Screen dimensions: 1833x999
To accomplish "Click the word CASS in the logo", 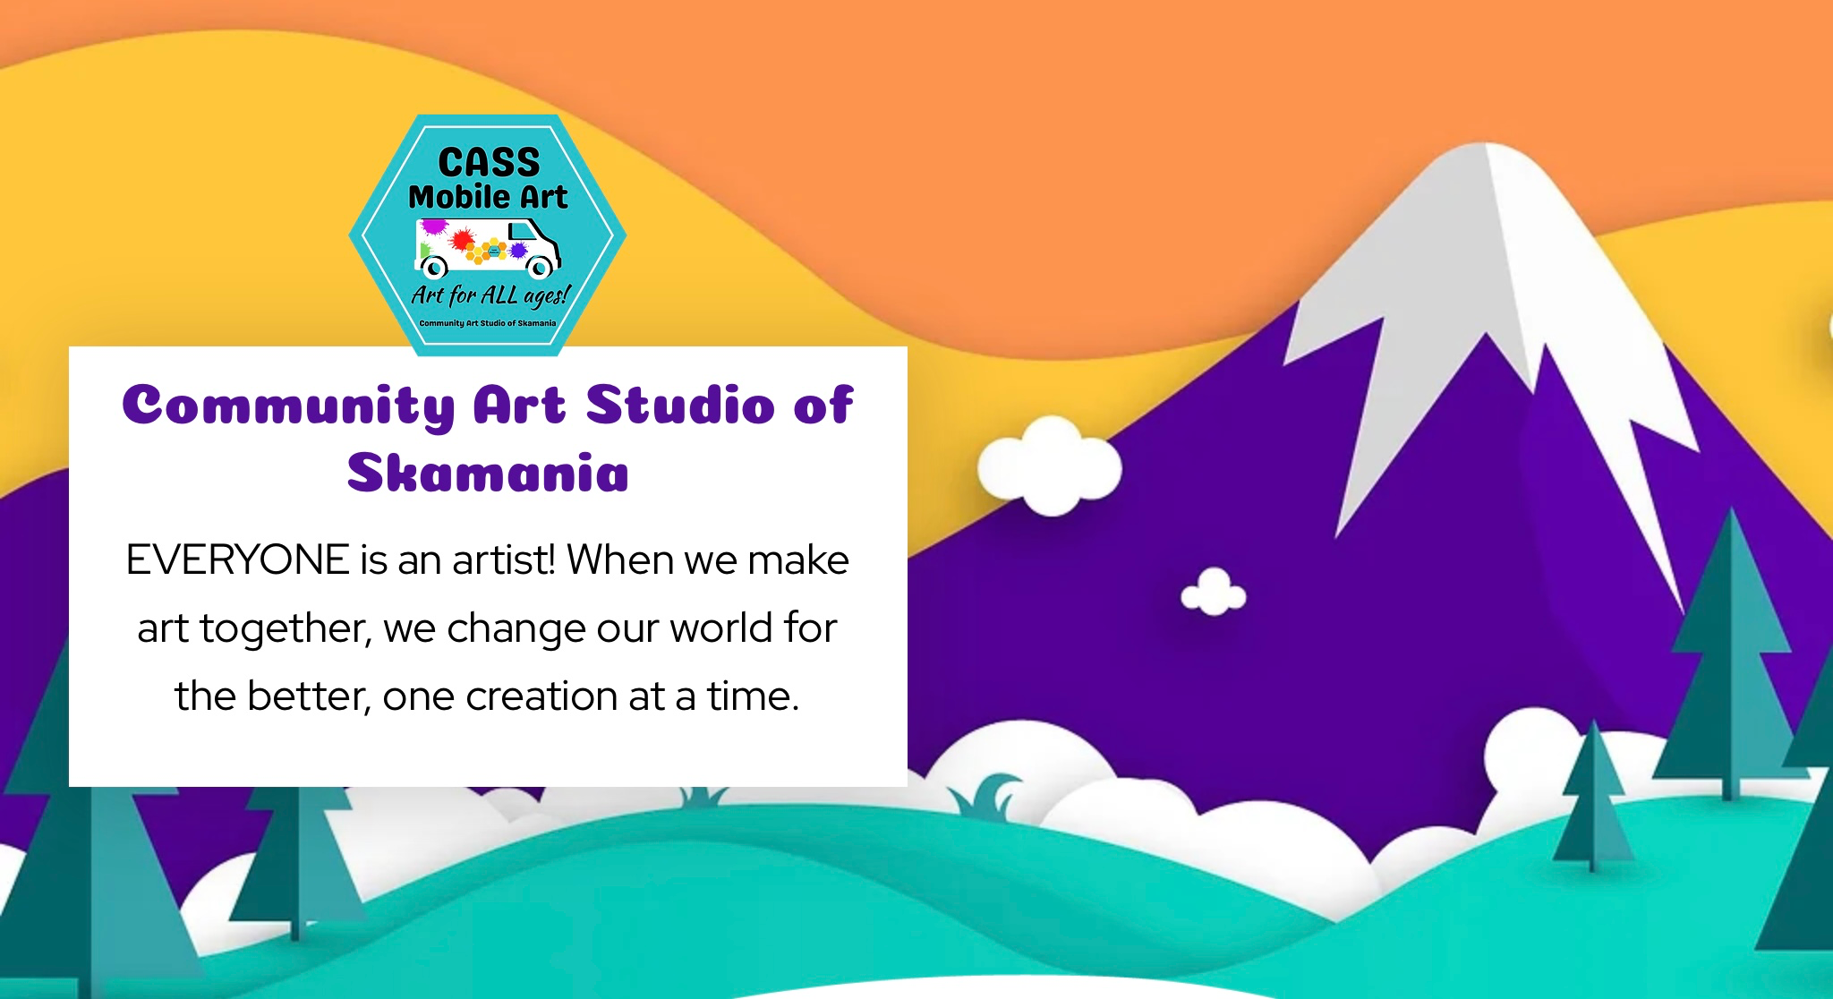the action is [x=489, y=163].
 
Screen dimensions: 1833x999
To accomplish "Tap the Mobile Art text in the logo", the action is [x=488, y=197].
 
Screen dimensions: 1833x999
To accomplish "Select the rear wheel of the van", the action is [x=434, y=267].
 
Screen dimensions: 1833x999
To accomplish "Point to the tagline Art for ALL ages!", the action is [x=490, y=295].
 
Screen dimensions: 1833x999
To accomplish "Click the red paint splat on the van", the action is [x=462, y=240].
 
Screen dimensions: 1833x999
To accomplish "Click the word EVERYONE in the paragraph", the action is [x=237, y=560].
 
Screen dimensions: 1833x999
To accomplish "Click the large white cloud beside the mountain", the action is [x=1049, y=466].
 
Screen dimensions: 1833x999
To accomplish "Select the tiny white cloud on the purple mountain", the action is [x=1214, y=593].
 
